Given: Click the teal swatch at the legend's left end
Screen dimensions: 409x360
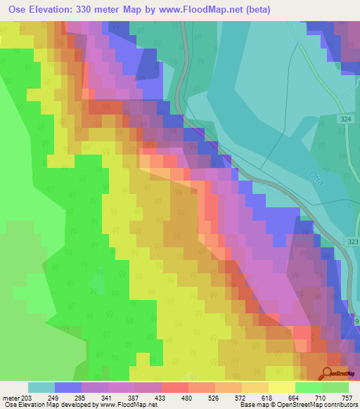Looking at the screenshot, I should pyautogui.click(x=41, y=387).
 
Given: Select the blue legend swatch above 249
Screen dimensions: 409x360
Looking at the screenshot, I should pyautogui.click(x=68, y=387).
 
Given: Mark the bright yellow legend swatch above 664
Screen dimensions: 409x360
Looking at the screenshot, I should pyautogui.click(x=282, y=387).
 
